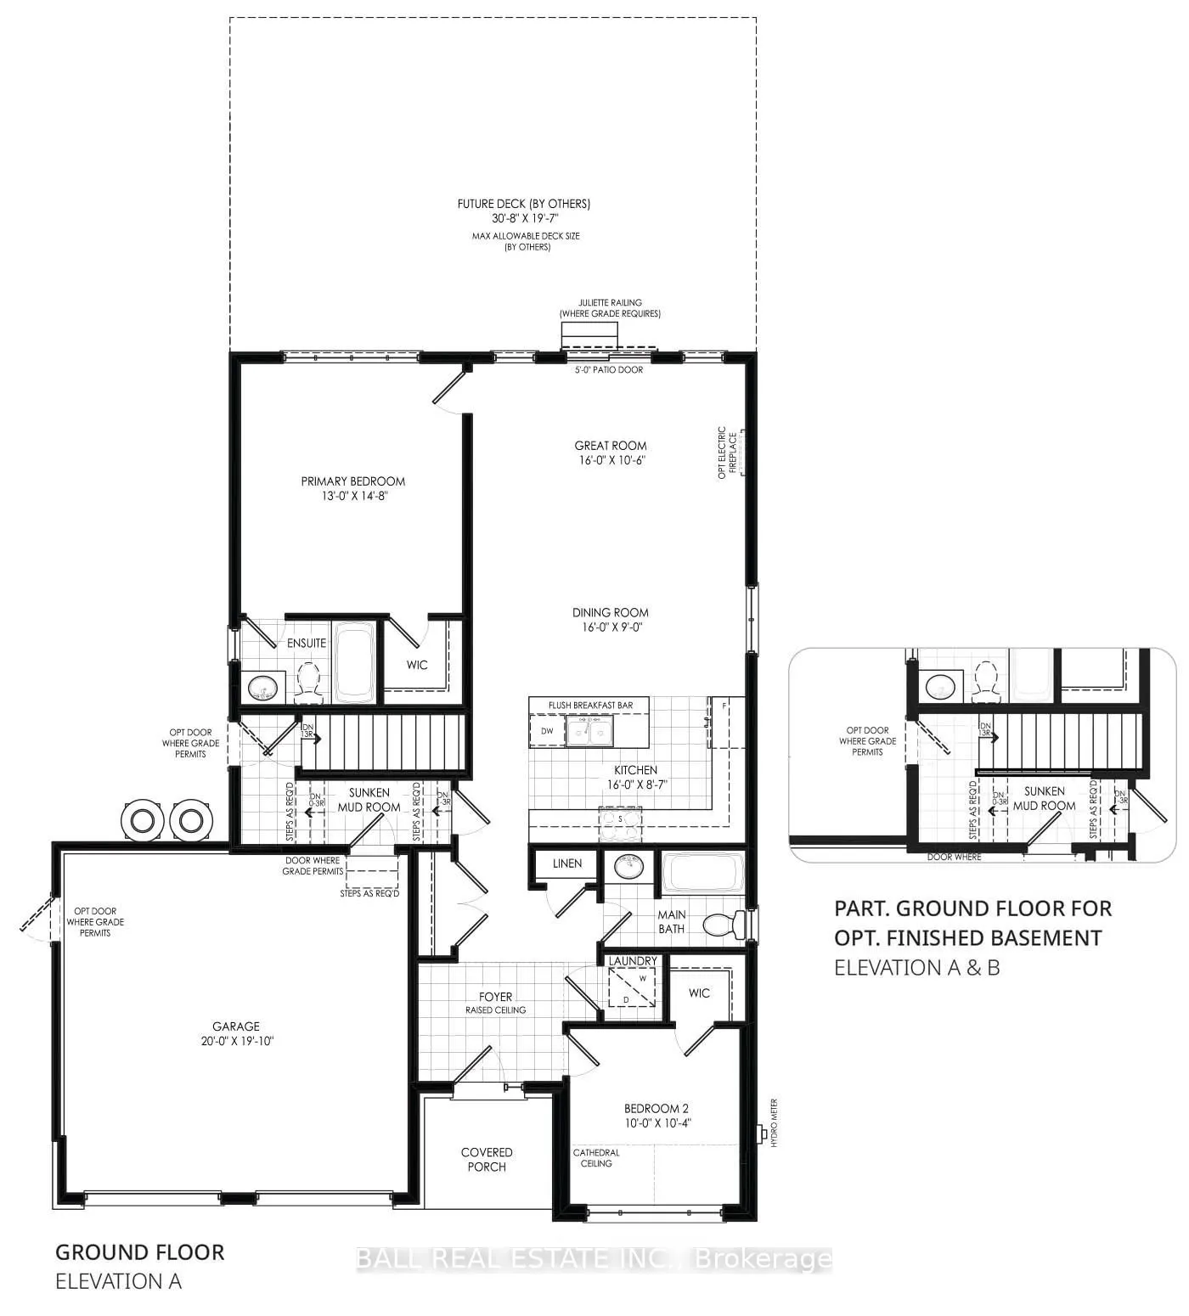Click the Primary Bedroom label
352,481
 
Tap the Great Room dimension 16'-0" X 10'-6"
610,461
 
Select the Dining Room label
610,612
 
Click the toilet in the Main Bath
727,924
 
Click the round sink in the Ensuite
262,688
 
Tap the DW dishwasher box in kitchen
547,731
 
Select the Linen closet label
567,863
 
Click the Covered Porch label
487,1159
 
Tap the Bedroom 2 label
656,1108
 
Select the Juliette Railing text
610,302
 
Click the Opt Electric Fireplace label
723,453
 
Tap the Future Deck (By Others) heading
523,204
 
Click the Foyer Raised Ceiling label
495,1003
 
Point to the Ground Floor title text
140,1252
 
